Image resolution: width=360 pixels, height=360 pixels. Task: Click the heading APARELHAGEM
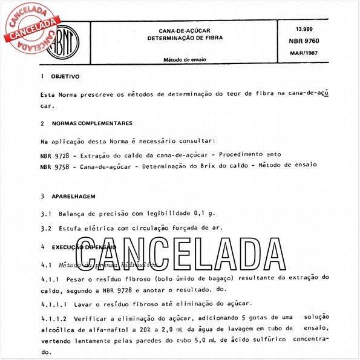coord(73,197)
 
